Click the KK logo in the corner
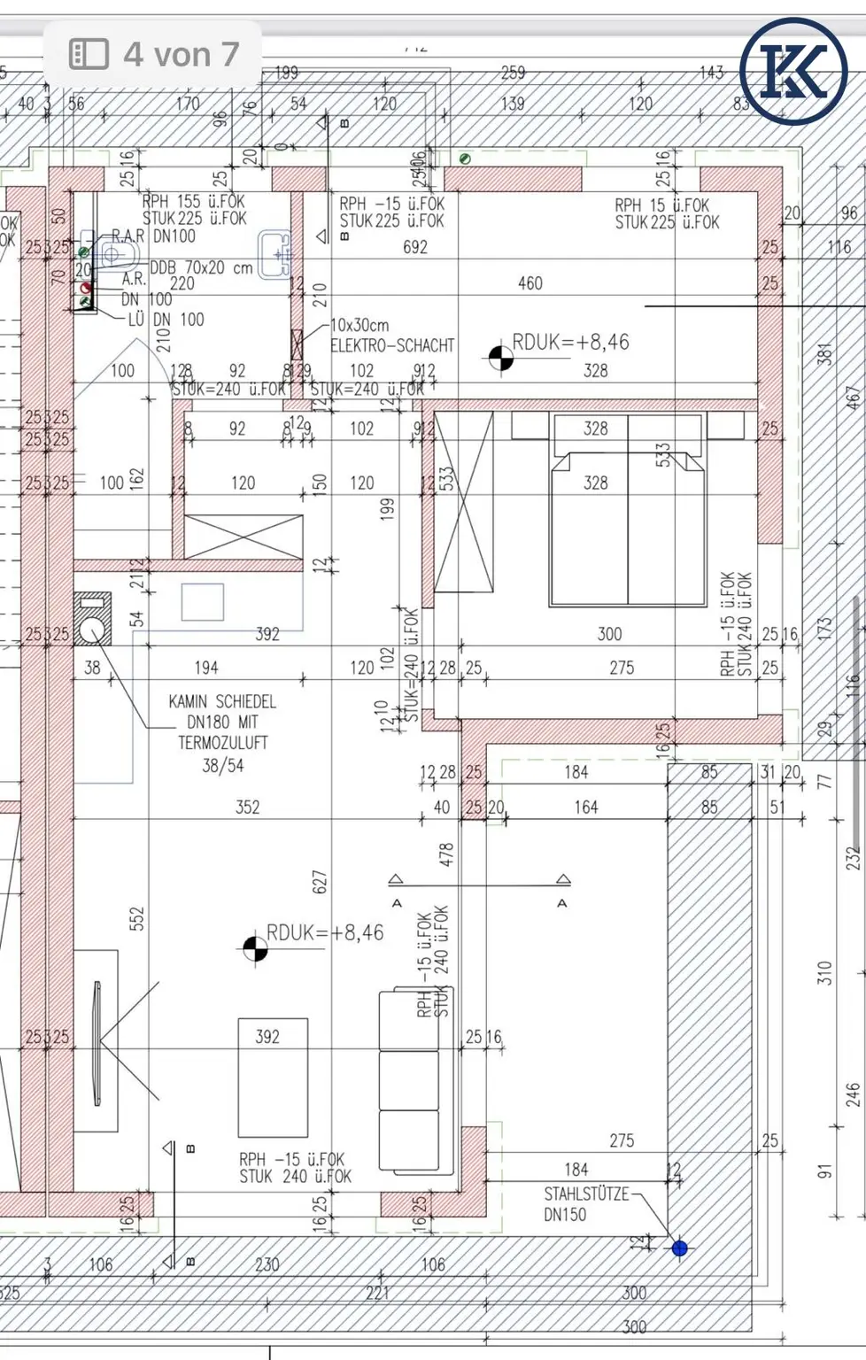point(793,71)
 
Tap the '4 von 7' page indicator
point(154,55)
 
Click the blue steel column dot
point(679,1248)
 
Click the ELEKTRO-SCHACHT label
point(391,345)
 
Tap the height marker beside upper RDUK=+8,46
point(500,358)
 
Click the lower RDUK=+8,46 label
point(325,932)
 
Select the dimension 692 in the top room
point(414,247)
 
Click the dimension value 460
point(530,283)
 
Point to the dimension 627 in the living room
point(320,881)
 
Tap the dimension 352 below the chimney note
point(247,807)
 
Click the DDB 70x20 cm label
point(201,267)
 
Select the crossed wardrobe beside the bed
point(463,501)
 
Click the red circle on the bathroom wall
point(86,288)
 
